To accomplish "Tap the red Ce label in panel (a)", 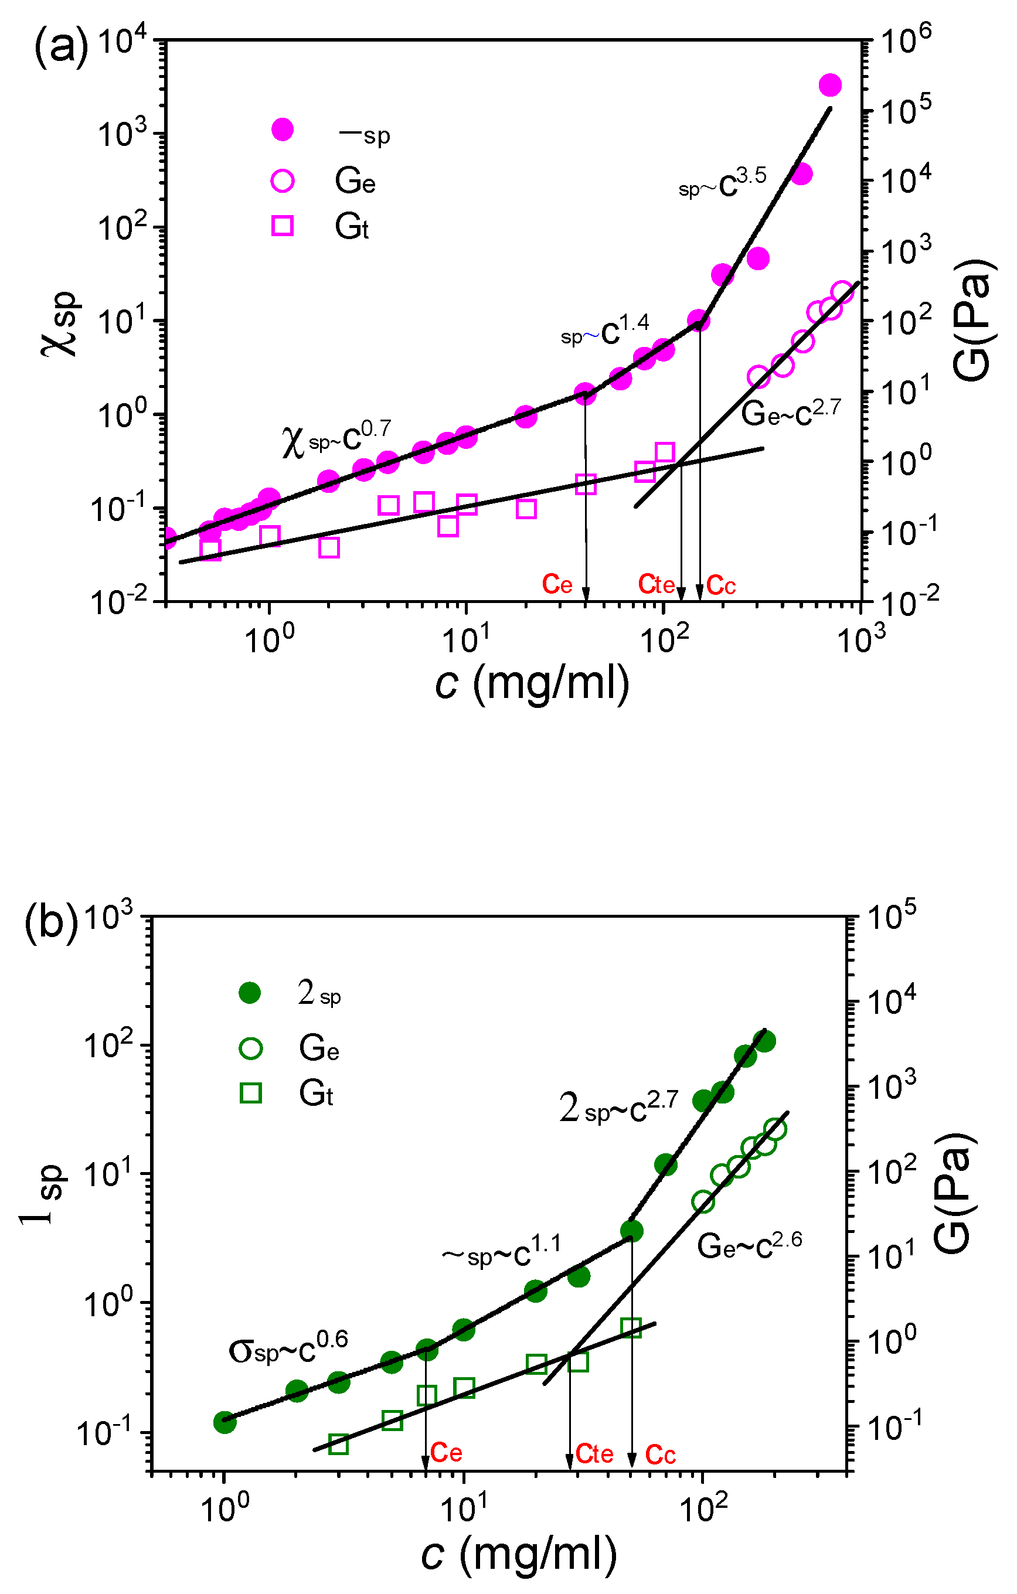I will point(557,584).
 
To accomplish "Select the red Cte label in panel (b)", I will point(594,1454).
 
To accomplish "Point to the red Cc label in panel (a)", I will point(721,584).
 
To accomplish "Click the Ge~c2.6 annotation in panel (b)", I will point(749,1246).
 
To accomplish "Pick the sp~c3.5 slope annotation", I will point(722,185).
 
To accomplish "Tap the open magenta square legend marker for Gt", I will point(283,226).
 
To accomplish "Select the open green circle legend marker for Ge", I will point(251,1048).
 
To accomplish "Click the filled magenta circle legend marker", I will point(283,130).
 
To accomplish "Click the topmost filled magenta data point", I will point(829,85).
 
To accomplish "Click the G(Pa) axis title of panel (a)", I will point(973,320).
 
